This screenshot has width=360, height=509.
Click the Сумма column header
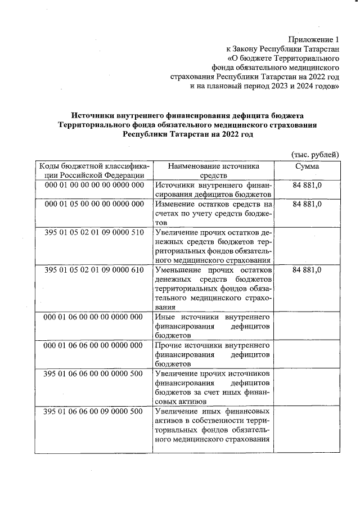coord(307,166)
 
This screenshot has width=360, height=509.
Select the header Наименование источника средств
coord(213,171)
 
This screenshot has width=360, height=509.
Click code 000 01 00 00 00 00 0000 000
coord(94,185)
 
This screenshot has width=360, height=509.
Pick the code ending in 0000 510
coord(94,232)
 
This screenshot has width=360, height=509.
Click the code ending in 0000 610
coord(94,270)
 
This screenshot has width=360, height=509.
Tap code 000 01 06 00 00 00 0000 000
coord(94,317)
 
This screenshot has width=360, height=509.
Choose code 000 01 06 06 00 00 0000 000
coord(94,345)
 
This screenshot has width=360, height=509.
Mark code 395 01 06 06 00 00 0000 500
coord(94,374)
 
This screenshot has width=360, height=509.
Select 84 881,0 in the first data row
coord(307,185)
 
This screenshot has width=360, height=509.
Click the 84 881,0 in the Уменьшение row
coord(307,270)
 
